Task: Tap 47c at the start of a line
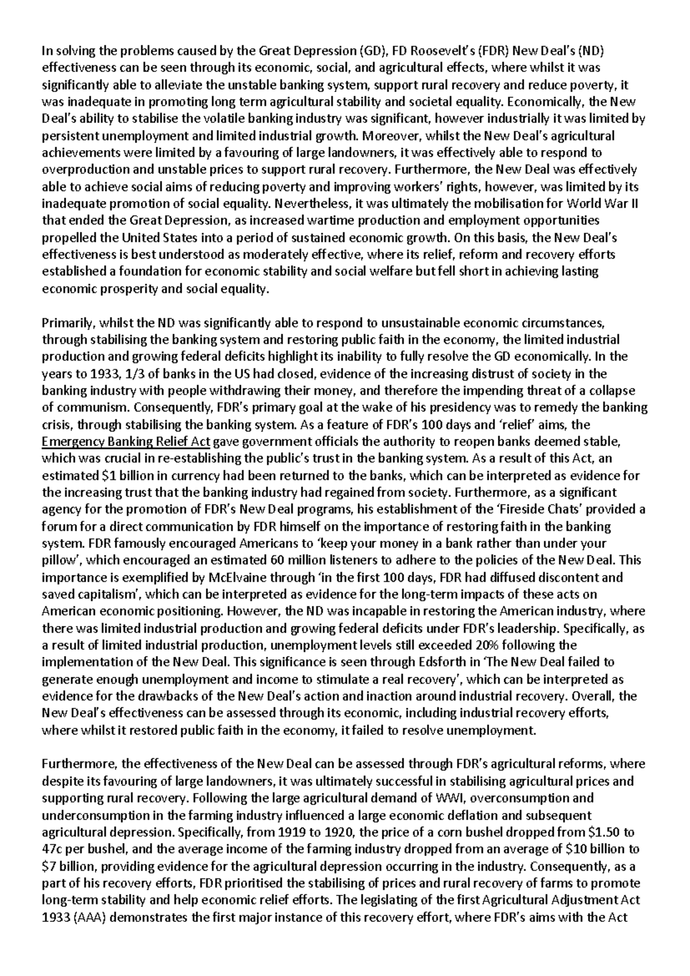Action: (x=53, y=849)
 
